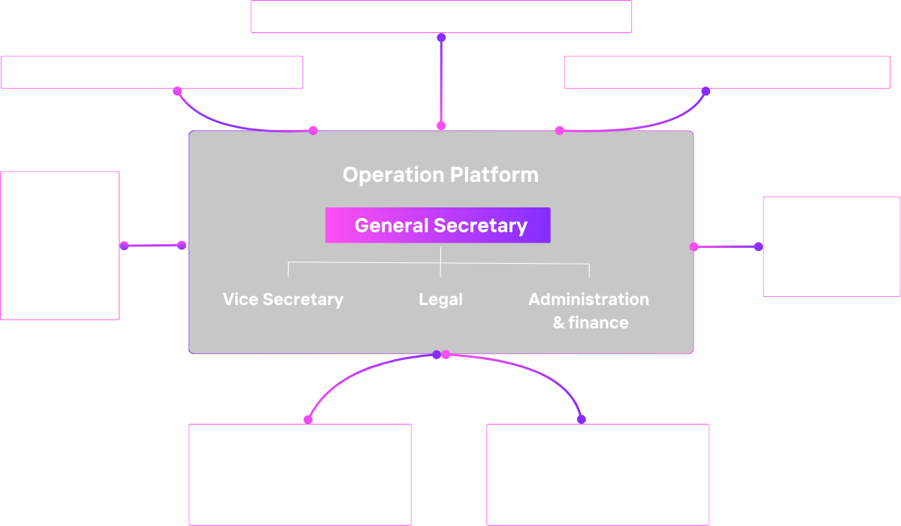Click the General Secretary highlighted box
point(438,225)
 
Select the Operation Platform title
point(440,175)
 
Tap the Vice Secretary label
point(283,299)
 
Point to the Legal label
point(440,299)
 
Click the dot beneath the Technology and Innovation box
point(441,38)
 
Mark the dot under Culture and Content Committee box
point(177,91)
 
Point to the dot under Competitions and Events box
point(706,92)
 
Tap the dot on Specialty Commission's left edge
point(758,246)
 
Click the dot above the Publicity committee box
point(308,419)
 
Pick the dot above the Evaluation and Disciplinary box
point(581,419)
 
